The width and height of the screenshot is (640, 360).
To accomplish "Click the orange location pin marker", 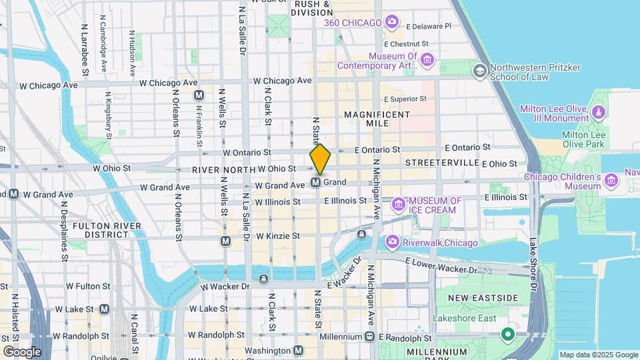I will pos(320,159).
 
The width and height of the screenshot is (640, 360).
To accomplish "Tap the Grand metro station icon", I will pos(317,182).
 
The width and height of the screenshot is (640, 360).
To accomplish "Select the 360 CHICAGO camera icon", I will pos(392,23).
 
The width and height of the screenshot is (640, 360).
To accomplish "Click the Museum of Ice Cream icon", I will pos(399,203).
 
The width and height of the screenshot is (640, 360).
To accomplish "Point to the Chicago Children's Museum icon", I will pos(611,179).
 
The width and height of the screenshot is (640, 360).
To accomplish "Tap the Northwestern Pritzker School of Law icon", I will pos(479,70).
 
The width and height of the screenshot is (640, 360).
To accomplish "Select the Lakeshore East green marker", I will pos(508,334).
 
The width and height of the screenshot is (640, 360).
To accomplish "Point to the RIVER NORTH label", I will pos(223,170).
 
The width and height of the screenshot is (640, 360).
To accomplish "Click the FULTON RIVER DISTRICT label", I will pos(107,230).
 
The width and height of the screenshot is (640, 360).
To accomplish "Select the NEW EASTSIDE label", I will pos(475,297).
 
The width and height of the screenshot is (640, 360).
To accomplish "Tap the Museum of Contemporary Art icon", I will pos(427,62).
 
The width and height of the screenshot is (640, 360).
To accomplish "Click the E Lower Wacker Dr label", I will pos(443,265).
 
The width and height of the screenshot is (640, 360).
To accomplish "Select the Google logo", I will pos(22,352).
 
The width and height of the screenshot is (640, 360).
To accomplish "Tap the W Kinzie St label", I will pos(277,236).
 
